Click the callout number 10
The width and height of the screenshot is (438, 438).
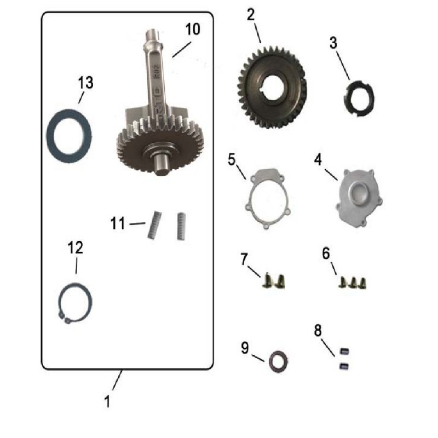pyautogui.click(x=192, y=30)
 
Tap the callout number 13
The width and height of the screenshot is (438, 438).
pyautogui.click(x=85, y=83)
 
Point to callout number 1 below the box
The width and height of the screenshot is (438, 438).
pyautogui.click(x=107, y=401)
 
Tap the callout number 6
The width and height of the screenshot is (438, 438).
pyautogui.click(x=326, y=253)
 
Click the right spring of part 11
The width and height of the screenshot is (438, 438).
pyautogui.click(x=180, y=226)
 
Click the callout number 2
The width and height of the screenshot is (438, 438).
pyautogui.click(x=251, y=14)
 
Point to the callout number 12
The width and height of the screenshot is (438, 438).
pyautogui.click(x=76, y=247)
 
